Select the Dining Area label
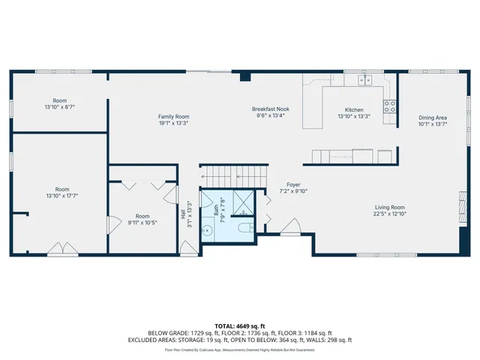coord(433,118)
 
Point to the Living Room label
coord(390,207)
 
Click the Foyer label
coord(293,184)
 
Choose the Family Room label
coord(173,117)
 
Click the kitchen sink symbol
coord(366,79)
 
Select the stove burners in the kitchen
coord(390,106)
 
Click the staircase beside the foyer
coord(232,175)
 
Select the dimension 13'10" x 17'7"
coord(61,196)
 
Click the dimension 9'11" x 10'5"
coord(142,222)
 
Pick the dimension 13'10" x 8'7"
coord(60,107)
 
